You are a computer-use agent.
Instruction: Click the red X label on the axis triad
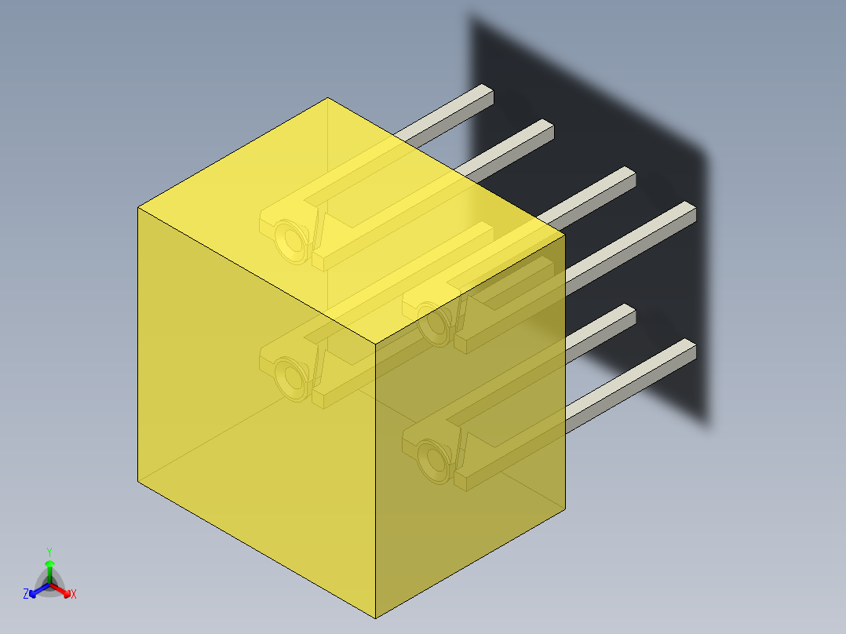click(x=74, y=595)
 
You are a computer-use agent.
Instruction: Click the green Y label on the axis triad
click(x=49, y=552)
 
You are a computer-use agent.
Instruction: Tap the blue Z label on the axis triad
click(x=26, y=595)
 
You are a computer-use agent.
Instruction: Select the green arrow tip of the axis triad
click(x=49, y=564)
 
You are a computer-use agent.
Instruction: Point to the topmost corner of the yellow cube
click(x=327, y=98)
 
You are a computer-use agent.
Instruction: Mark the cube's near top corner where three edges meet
click(x=376, y=344)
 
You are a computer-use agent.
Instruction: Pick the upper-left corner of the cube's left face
click(x=138, y=207)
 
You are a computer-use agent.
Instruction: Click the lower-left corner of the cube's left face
click(x=138, y=481)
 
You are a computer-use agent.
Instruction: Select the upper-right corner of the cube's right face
click(x=565, y=234)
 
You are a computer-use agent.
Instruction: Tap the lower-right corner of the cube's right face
click(x=565, y=508)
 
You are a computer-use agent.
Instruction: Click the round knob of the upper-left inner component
click(x=291, y=240)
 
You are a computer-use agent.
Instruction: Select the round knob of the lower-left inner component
click(x=291, y=377)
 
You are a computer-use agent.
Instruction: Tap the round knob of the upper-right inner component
click(x=434, y=323)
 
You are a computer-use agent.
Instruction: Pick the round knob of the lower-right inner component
click(x=434, y=461)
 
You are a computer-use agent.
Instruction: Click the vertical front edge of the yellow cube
click(x=376, y=479)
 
